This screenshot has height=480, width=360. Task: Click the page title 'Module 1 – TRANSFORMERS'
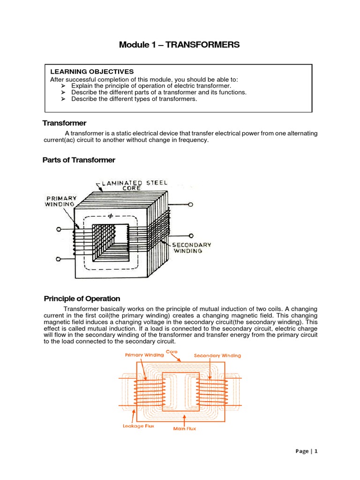[179, 45]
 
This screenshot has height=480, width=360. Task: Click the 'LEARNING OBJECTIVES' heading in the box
[92, 72]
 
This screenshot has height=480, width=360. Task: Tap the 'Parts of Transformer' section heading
[79, 160]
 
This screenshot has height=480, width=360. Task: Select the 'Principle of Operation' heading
[82, 299]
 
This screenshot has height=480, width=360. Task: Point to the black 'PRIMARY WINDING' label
[61, 201]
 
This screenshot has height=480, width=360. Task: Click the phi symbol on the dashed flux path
[111, 217]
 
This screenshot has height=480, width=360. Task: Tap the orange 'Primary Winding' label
[144, 355]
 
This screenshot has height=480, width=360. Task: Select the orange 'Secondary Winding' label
[217, 356]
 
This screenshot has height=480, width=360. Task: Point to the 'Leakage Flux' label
[138, 426]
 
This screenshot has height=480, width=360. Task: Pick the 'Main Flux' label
[184, 428]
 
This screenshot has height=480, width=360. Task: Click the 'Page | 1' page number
[307, 451]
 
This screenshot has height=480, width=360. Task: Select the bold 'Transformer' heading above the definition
[64, 123]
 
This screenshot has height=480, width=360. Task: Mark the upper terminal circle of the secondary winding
[191, 205]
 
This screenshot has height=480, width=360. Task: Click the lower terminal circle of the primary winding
[59, 259]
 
